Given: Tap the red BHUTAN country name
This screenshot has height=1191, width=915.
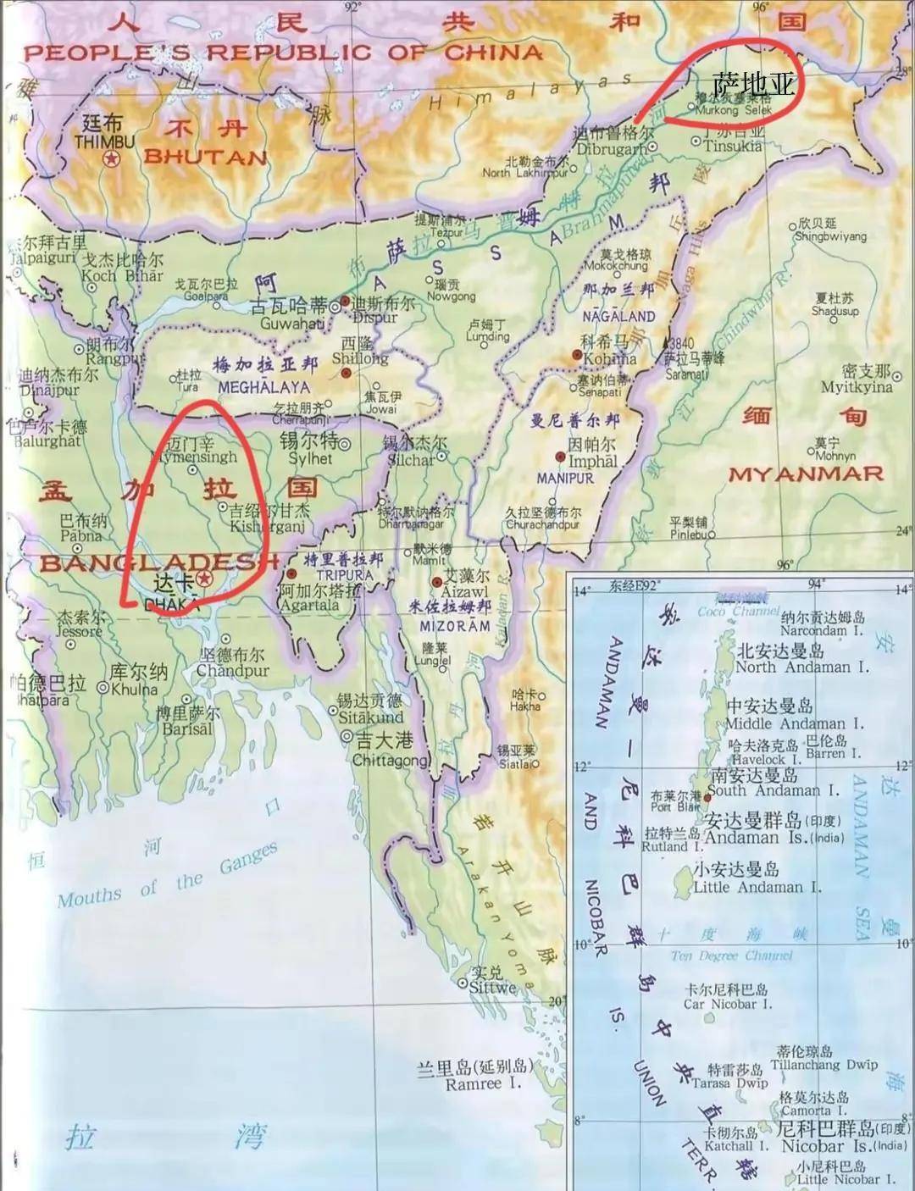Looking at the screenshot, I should (x=205, y=157).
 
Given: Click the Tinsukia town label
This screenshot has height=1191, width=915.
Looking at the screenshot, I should (x=732, y=146).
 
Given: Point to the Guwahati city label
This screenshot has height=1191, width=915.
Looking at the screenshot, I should (x=291, y=323).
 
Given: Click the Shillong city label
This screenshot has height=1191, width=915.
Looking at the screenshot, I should (x=360, y=358).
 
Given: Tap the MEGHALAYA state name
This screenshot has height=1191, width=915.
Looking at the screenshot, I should (x=263, y=387).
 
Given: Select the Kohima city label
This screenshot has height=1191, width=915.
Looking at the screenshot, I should (x=609, y=358).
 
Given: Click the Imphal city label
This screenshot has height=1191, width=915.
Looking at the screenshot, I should (x=592, y=462).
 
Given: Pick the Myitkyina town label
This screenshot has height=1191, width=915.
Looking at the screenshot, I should (x=856, y=387).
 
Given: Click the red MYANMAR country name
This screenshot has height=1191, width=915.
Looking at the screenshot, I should (x=806, y=474).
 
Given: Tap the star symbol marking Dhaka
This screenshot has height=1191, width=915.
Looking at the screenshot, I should (x=204, y=579).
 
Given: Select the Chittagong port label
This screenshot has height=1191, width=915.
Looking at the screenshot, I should (x=391, y=760).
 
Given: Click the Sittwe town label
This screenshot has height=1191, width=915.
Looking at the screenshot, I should (x=492, y=988).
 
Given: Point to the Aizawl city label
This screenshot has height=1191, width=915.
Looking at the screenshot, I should (x=465, y=591).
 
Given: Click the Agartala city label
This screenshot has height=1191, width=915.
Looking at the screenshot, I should (x=309, y=605).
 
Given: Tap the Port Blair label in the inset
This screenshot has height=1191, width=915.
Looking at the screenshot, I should (x=675, y=806).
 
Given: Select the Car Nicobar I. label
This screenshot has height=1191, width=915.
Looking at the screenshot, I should (x=728, y=1004).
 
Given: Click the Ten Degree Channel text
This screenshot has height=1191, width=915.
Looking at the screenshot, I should (x=731, y=956).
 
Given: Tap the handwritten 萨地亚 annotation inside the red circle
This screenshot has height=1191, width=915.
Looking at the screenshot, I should (x=753, y=85).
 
